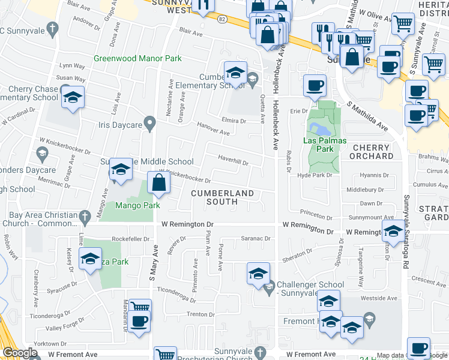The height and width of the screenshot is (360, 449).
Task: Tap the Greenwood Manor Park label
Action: click(137, 59)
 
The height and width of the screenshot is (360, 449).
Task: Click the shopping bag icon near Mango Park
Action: click(158, 184)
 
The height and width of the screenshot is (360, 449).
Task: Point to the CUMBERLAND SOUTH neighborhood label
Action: click(222, 197)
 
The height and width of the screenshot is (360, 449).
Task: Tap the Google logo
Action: click(20, 353)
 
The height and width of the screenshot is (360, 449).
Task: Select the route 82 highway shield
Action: click(221, 19)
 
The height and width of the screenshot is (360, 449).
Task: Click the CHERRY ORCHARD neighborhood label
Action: click(373, 152)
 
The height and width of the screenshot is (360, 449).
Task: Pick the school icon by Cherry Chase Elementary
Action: click(73, 97)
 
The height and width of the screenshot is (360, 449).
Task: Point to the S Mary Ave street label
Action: click(153, 264)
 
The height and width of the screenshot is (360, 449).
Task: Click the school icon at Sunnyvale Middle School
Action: click(121, 170)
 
